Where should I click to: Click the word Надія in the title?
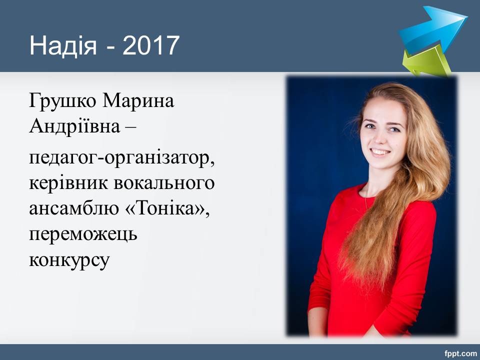[63, 45]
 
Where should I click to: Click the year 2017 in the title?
[150, 45]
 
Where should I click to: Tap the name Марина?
[138, 100]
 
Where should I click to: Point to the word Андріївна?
[74, 126]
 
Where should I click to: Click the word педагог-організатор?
[121, 159]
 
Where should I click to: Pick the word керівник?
[68, 183]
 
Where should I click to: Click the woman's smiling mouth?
[380, 152]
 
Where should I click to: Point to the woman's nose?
[380, 138]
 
